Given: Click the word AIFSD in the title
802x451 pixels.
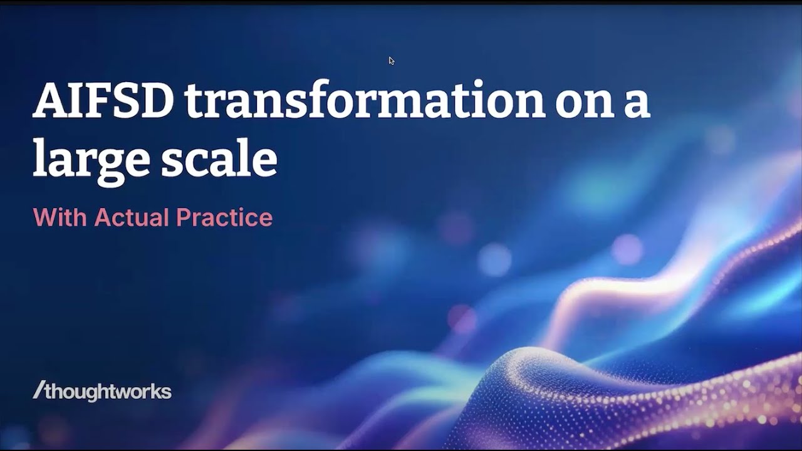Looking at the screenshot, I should point(103,101).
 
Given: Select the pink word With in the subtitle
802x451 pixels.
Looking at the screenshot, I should point(60,217).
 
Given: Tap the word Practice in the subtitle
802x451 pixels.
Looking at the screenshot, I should point(224,217).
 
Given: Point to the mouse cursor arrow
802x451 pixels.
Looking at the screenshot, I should point(391,60).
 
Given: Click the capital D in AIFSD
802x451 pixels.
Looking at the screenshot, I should point(154,101).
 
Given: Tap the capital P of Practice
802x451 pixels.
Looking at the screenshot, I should point(183,217).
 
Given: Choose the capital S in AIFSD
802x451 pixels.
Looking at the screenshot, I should point(125,101).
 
